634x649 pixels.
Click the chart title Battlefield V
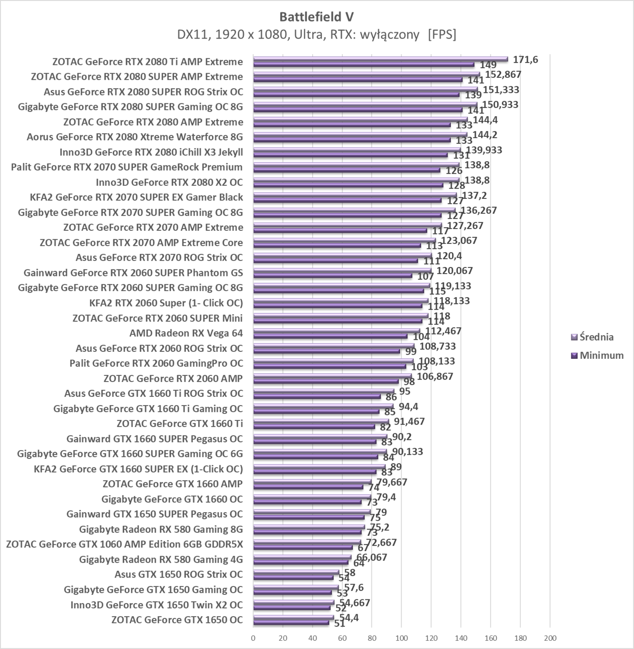coord(316,17)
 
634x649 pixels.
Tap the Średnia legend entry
coord(596,337)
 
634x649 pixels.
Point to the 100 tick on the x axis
coord(402,638)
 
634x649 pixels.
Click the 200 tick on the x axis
coord(550,638)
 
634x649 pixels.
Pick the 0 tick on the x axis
coord(253,638)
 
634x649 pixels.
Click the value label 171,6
coord(525,59)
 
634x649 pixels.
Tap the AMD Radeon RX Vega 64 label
coord(186,333)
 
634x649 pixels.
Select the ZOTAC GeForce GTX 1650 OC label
coord(177,620)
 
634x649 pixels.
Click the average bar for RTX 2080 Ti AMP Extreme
coord(380,59)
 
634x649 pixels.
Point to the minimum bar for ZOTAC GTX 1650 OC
coord(291,623)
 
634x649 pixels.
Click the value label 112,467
coord(443,331)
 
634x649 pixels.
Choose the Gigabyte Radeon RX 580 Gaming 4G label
coord(161,560)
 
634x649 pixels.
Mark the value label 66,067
coord(371,557)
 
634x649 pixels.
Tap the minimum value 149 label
coord(488,65)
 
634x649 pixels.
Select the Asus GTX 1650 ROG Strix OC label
coord(179,574)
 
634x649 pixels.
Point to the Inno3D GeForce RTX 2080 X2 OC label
coord(169,182)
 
